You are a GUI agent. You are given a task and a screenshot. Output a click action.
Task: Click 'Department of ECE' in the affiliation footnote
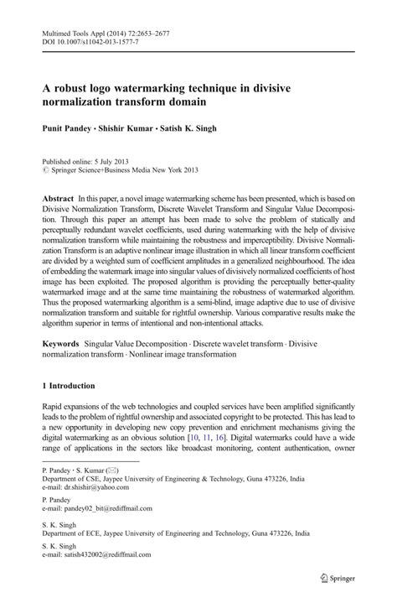(73, 533)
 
